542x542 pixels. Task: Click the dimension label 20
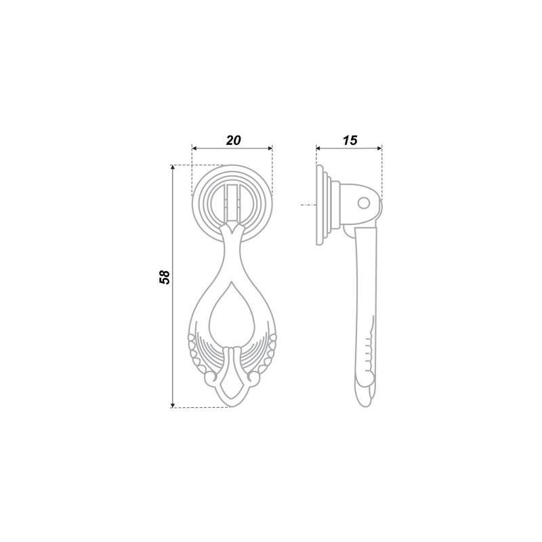(233, 140)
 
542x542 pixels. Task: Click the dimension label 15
(350, 140)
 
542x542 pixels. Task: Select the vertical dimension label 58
(165, 276)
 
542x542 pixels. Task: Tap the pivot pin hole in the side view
(363, 203)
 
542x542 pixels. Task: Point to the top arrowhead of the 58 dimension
(173, 167)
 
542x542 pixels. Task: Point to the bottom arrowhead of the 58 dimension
(173, 405)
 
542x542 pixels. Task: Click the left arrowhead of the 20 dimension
(194, 148)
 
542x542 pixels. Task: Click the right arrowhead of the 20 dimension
(270, 148)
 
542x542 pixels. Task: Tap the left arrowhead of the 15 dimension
(318, 148)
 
